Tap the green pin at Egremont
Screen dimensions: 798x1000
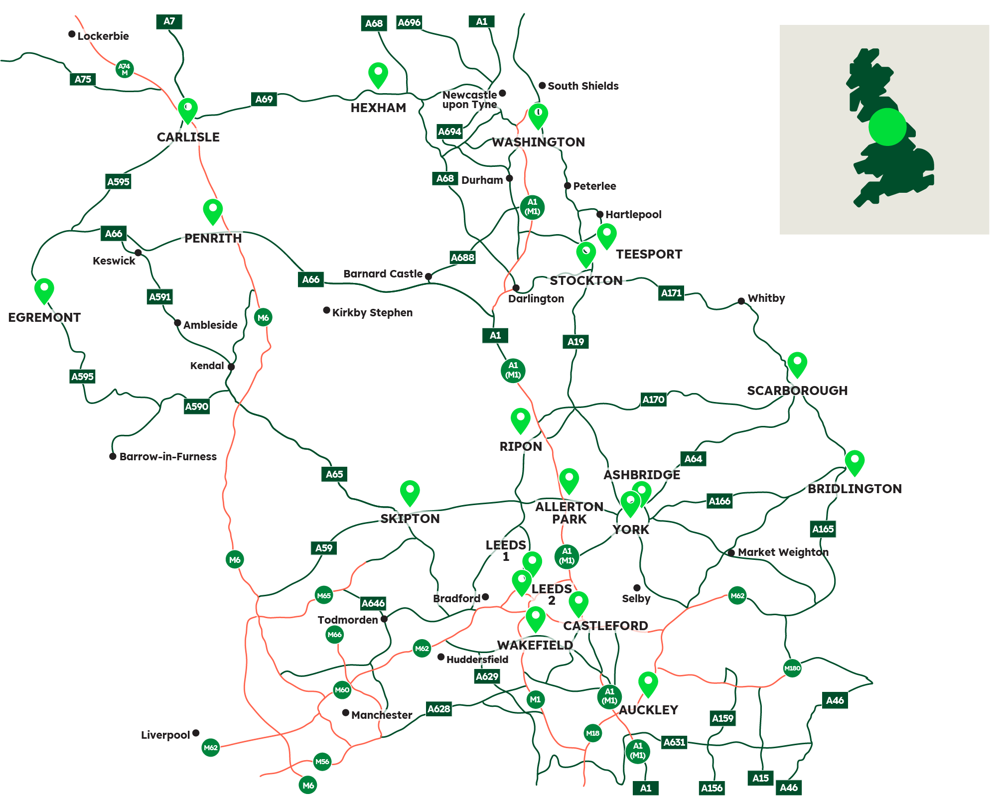point(44,289)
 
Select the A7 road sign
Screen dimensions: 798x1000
point(169,21)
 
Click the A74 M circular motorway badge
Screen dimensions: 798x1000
point(124,69)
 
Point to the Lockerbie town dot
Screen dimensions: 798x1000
point(72,34)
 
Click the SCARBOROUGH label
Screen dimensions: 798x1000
point(797,391)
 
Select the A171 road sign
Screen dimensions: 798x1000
point(671,293)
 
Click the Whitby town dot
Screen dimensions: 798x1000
point(741,301)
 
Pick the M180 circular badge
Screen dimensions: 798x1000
point(792,668)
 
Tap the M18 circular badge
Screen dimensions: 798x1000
point(592,733)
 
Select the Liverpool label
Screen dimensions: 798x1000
point(165,735)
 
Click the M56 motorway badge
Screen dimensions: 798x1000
point(322,761)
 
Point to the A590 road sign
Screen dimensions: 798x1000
point(197,406)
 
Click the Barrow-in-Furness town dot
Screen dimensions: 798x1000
point(113,456)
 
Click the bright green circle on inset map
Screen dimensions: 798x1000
point(887,127)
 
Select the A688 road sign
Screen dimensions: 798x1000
point(462,258)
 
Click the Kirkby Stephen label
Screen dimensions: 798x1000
point(372,313)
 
